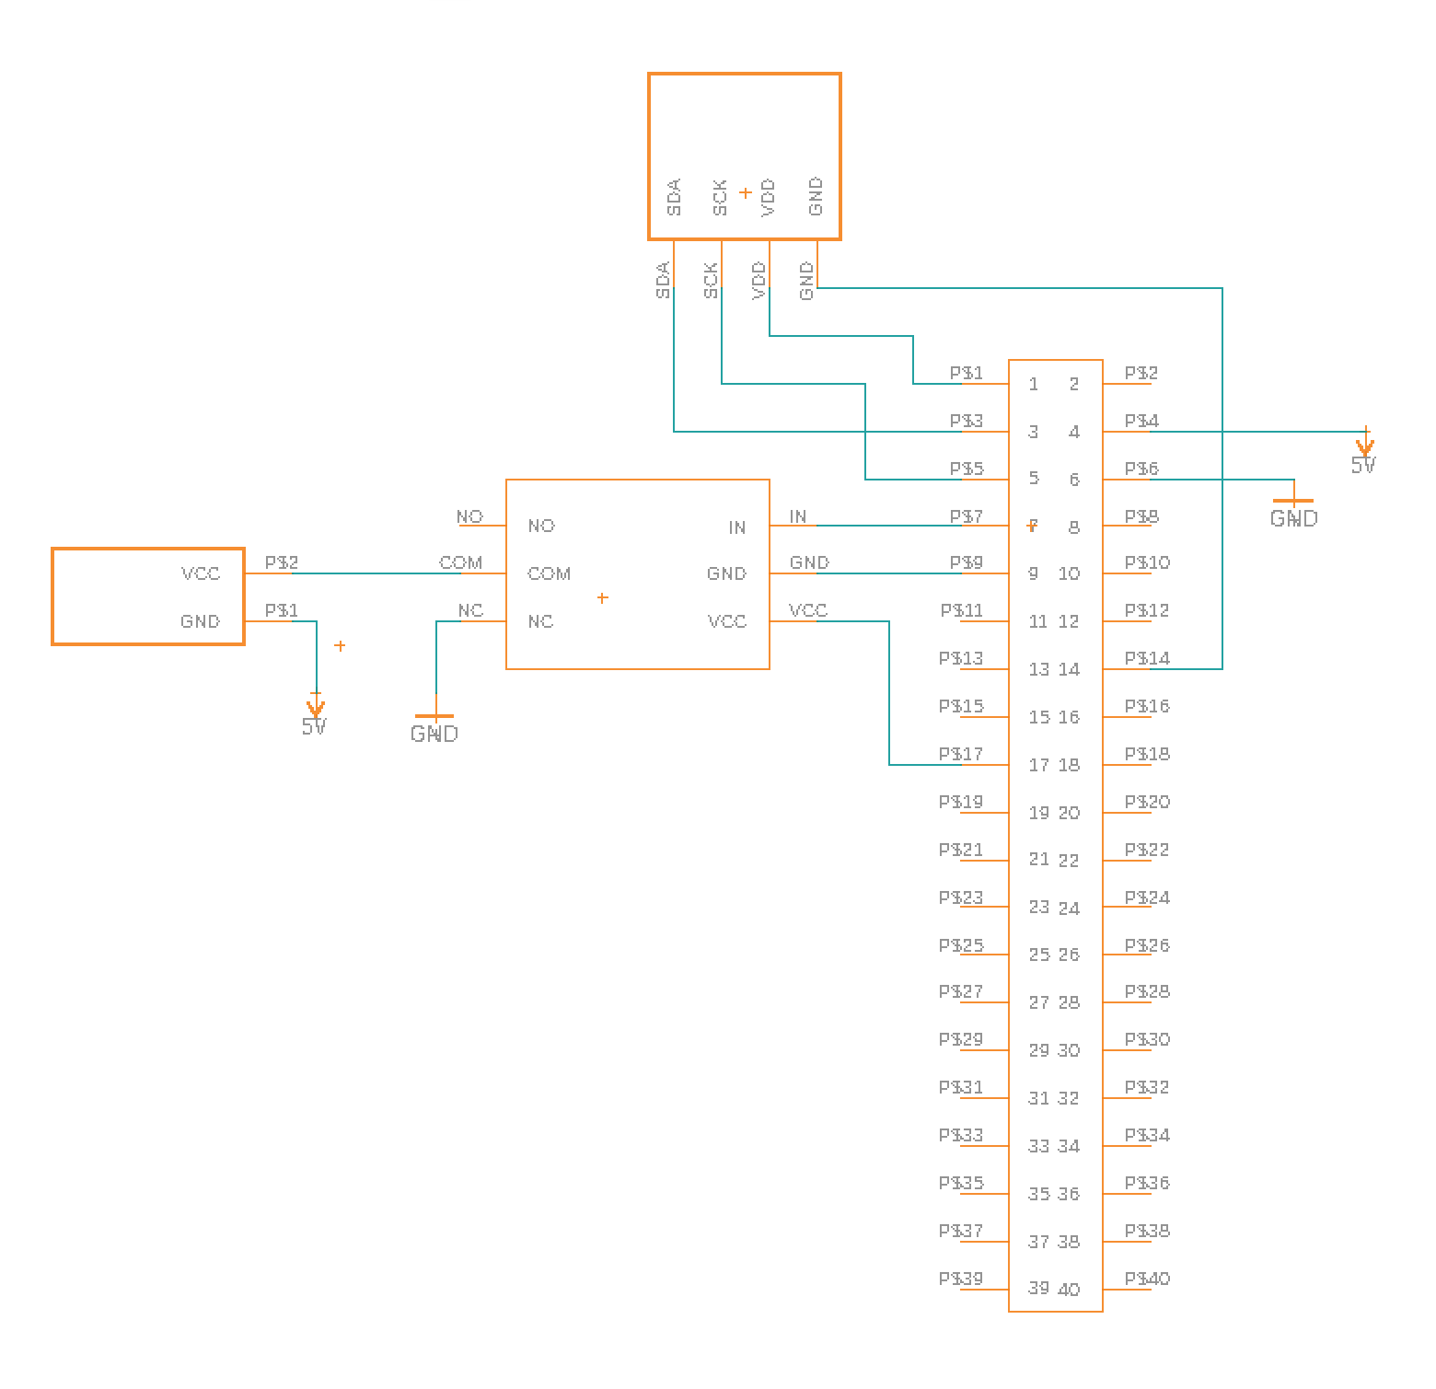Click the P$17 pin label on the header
[x=961, y=755]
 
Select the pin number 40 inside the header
[x=1069, y=1290]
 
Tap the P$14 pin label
[x=1147, y=658]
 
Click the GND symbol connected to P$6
[x=1293, y=512]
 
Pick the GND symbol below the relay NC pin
[x=434, y=726]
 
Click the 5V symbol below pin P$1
[x=315, y=717]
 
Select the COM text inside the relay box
[x=549, y=573]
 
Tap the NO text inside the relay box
[x=541, y=526]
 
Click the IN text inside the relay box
[x=736, y=527]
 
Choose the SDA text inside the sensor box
[x=674, y=197]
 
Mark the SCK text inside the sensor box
[x=721, y=197]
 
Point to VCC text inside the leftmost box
[x=201, y=573]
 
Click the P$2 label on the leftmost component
[x=281, y=562]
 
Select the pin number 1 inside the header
[x=1034, y=384]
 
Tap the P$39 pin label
[x=961, y=1279]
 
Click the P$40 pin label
[x=1147, y=1279]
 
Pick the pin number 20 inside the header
[x=1069, y=813]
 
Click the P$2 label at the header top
[x=1141, y=373]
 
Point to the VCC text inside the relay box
[x=726, y=621]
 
